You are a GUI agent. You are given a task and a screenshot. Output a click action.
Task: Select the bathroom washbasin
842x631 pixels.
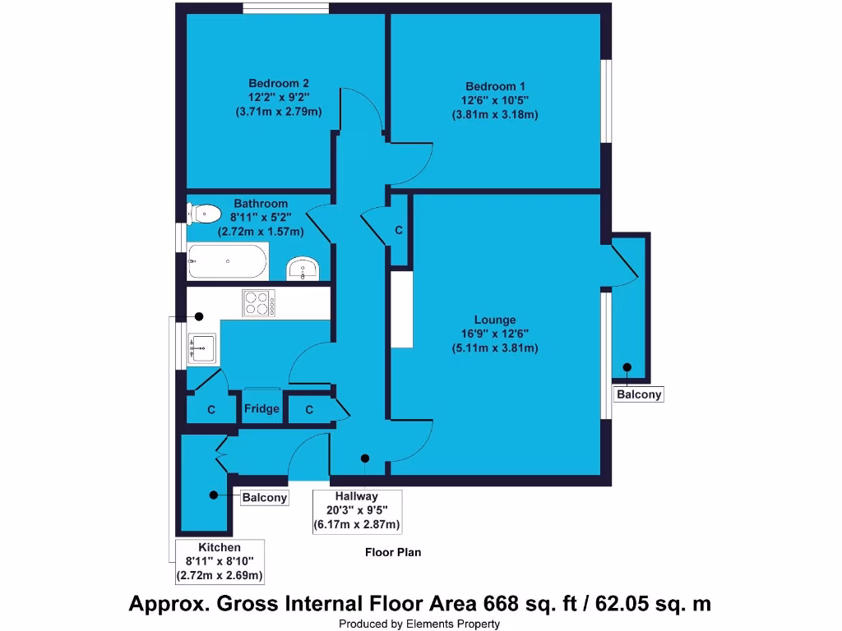304,269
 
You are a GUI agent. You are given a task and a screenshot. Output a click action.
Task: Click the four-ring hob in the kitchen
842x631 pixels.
258,303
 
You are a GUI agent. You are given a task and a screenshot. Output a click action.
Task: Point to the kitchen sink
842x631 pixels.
201,348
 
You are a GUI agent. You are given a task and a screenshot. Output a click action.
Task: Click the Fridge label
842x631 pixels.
261,409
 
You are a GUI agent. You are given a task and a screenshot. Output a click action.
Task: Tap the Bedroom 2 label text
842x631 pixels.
279,83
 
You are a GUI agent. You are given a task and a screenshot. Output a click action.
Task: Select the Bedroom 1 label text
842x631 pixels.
495,86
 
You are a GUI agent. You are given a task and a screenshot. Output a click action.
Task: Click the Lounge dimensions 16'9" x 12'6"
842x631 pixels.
495,334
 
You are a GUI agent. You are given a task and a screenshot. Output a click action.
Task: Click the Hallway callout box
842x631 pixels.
356,510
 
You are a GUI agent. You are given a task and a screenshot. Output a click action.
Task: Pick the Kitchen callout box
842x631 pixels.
220,561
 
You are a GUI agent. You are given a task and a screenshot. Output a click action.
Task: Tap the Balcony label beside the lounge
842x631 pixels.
639,395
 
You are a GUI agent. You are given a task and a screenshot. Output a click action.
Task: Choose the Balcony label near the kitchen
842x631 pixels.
265,498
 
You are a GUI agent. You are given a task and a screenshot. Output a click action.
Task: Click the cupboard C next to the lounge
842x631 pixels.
399,231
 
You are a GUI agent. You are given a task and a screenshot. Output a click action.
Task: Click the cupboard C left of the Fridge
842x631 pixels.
211,409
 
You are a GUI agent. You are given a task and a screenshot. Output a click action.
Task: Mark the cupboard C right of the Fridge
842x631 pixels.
309,409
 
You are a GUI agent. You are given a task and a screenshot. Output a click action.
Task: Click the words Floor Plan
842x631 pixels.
393,553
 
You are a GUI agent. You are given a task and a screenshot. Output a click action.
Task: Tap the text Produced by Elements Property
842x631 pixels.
419,624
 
